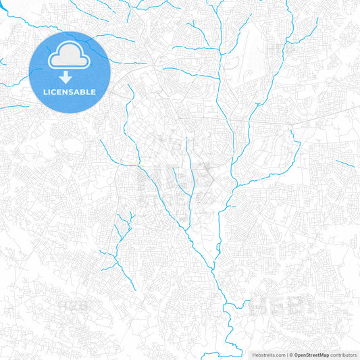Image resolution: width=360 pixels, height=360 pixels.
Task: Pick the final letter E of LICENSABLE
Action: click(x=93, y=91)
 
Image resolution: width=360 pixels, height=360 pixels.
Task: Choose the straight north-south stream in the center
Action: click(x=192, y=172)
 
